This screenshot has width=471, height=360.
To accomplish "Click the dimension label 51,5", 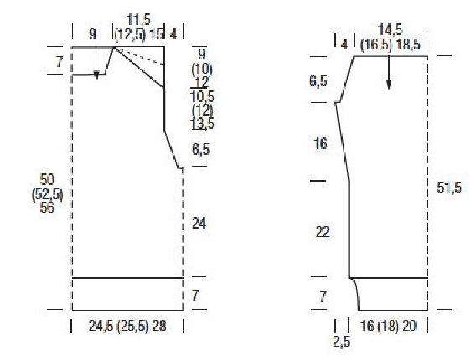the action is tap(449, 188).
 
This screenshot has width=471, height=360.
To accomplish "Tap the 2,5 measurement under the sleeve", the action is tap(342, 341).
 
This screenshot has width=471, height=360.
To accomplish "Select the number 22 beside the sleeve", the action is tap(323, 232).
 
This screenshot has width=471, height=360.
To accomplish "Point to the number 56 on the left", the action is tap(47, 207).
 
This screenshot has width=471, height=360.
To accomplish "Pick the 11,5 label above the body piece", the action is tap(138, 20).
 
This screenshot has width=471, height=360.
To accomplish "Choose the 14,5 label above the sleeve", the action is tap(391, 30).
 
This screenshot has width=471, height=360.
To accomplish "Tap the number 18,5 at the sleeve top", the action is tap(408, 44).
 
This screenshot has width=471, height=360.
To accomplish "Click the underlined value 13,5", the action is tap(203, 124).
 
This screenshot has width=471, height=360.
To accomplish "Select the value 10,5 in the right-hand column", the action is tap(203, 96).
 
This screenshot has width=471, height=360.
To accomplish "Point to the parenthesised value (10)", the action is tap(202, 69).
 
